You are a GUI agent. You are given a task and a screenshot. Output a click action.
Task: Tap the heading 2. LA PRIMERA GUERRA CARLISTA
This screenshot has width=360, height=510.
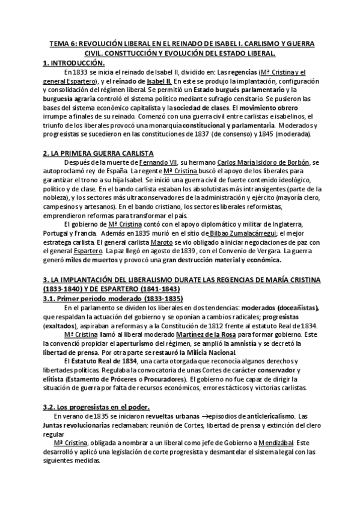(98, 154)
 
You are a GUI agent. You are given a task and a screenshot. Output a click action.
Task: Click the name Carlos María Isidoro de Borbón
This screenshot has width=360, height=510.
(259, 163)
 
